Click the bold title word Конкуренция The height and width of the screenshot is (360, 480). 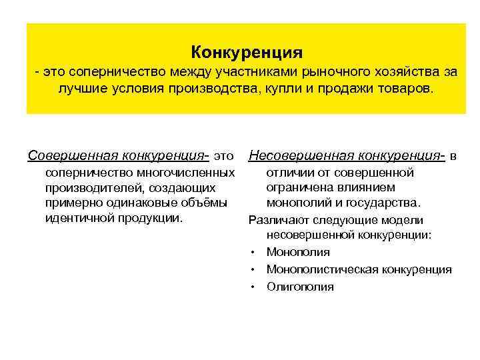coord(247,51)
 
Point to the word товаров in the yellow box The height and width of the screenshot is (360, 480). coord(399,89)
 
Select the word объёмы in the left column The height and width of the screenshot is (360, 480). coord(205,203)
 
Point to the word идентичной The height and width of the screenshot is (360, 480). coord(75,218)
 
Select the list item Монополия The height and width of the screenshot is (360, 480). coord(298,252)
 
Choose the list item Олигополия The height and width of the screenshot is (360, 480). coord(300,287)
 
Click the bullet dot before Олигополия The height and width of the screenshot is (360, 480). coord(254,287)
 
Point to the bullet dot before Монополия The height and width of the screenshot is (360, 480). coord(254,253)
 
